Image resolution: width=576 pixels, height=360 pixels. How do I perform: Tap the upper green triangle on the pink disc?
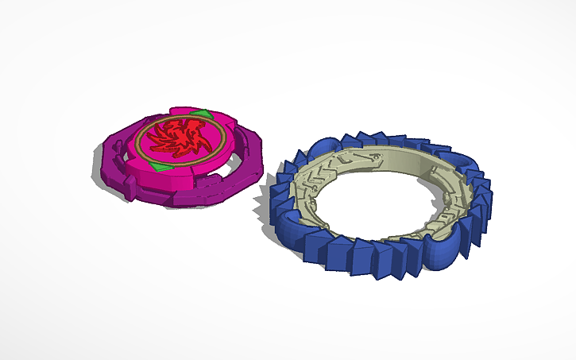[204, 114]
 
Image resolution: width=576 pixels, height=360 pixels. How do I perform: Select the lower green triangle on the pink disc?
[162, 167]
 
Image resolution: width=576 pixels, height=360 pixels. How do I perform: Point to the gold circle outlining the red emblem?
[140, 147]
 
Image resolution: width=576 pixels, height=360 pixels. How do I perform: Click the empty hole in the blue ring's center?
[373, 207]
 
